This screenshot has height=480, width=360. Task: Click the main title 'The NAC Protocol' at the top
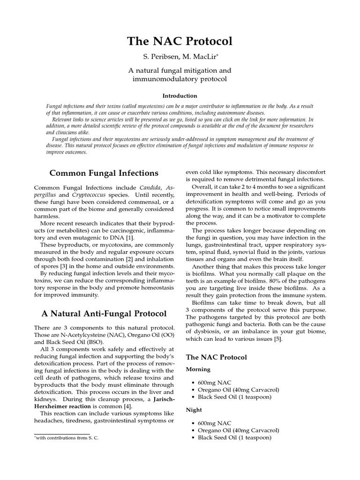click(x=180, y=41)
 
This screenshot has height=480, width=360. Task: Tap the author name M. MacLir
click(x=199, y=58)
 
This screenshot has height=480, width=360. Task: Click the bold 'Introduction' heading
click(x=180, y=96)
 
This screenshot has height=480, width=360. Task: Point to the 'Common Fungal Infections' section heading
click(x=104, y=173)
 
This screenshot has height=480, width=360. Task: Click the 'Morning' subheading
click(x=199, y=369)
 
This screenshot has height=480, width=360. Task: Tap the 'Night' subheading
click(x=195, y=409)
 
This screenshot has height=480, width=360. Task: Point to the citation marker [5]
click(x=277, y=339)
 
